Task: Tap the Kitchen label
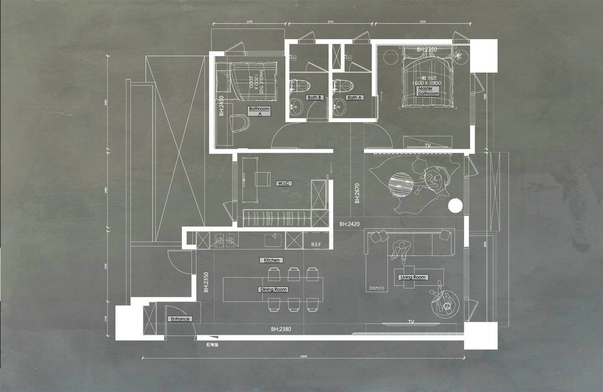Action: pos(271,260)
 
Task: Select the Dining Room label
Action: pos(273,290)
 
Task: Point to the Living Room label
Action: pos(413,277)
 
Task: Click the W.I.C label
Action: pos(284,183)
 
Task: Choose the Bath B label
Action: pos(315,98)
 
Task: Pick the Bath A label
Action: pos(355,98)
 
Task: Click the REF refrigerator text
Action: pos(316,245)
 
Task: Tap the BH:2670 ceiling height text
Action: pos(357,194)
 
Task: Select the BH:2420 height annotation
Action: pos(349,224)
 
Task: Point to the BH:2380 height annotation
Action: pos(280,329)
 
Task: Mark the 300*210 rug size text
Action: pos(377,289)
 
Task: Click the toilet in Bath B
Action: pos(301,86)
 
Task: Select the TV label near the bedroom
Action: pos(427,146)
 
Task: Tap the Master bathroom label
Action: pos(428,91)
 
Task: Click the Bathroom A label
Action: pos(259,111)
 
